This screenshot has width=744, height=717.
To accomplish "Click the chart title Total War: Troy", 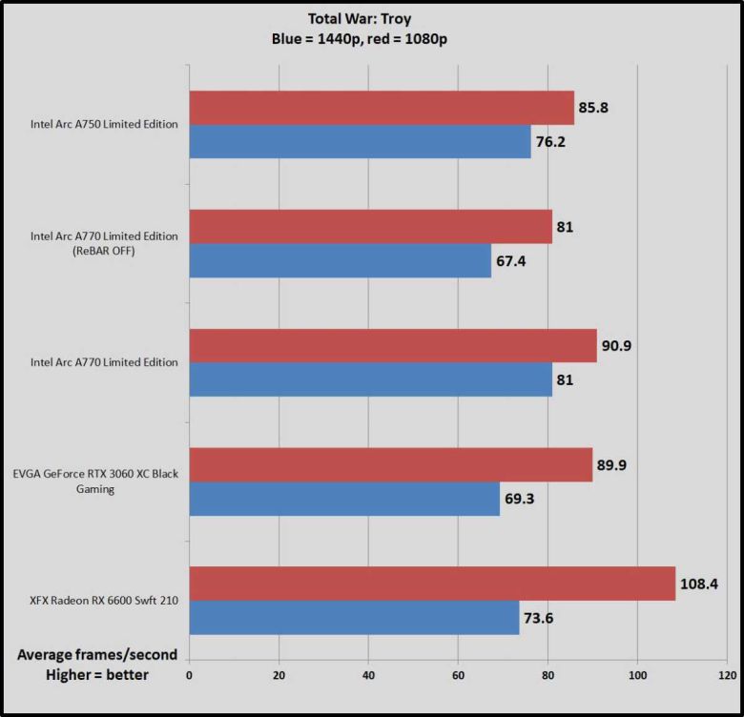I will tap(373, 18).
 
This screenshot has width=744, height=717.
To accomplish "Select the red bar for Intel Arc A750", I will tap(382, 108).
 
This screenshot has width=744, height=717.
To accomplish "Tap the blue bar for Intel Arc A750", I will tap(360, 141).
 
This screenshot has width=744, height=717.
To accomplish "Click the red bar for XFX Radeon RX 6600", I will tap(432, 584).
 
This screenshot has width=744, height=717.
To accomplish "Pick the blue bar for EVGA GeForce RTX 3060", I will tap(344, 499).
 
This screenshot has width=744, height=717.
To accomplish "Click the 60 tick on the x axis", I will tap(458, 675).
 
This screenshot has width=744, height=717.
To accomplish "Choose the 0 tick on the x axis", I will tap(189, 675).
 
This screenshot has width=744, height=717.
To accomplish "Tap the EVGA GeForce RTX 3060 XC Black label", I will tap(96, 474).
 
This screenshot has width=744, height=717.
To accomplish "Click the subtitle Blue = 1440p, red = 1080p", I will tap(373, 40).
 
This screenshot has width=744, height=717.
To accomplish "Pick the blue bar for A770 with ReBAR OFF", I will tap(340, 260).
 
